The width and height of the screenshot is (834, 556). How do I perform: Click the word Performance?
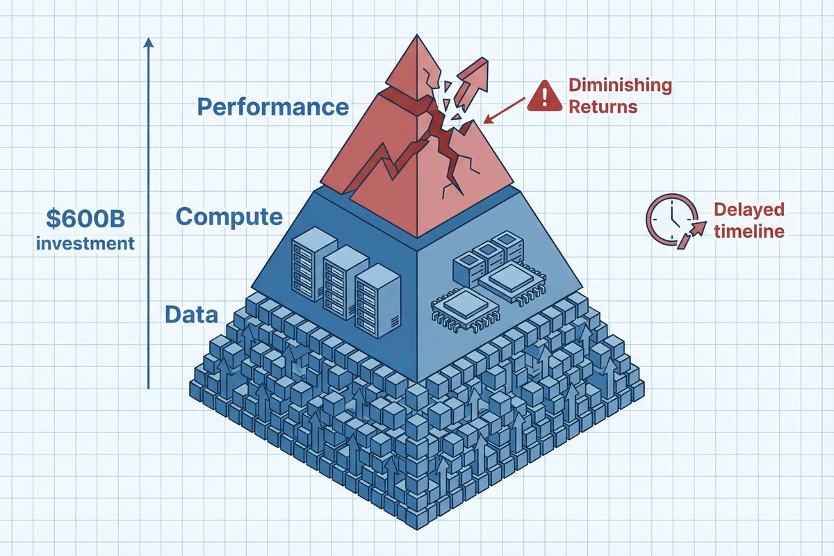pos(272,107)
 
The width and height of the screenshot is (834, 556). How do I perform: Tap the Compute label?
pos(229,216)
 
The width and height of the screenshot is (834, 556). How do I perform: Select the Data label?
pos(191,314)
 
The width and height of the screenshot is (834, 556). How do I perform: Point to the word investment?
pos(86,244)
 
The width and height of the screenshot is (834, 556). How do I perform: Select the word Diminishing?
pos(620,85)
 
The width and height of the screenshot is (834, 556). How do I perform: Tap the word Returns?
pos(603,108)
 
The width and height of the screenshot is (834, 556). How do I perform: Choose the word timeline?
pos(749,231)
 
